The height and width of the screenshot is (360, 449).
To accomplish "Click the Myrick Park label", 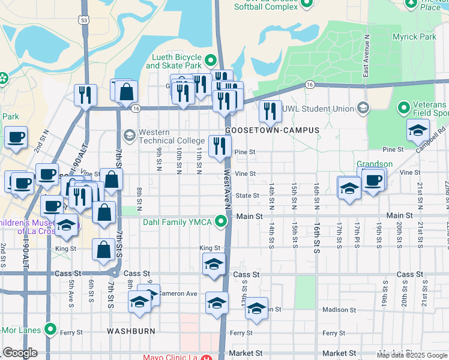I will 414,37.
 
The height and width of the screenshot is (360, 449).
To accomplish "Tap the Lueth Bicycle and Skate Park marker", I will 211,61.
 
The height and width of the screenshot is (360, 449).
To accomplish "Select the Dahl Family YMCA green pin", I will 222,223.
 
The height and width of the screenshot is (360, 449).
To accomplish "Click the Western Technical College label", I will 171,136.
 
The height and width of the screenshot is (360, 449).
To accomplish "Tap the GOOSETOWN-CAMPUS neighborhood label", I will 272,130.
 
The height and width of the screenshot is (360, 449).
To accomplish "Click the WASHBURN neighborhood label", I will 131,331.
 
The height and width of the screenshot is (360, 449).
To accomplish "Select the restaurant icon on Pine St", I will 220,145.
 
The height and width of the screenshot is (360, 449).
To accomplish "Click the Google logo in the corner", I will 20,353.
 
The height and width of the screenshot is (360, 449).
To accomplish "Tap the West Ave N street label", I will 227,189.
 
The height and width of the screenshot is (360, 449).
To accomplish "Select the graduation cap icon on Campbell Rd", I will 417,131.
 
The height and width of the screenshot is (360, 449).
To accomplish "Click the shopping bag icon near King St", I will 104,250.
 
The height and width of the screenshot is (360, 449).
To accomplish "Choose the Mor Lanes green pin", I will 51,329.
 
